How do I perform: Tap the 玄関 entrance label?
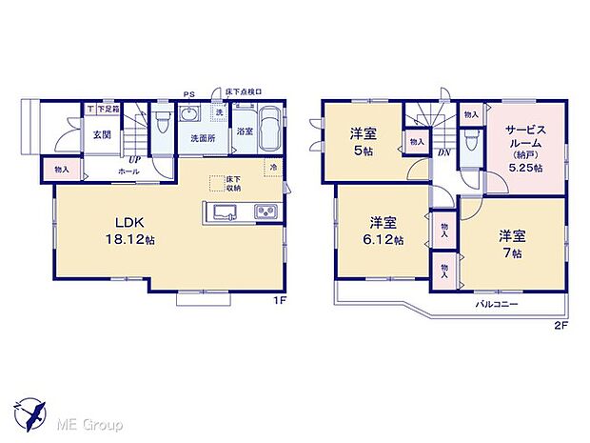102,135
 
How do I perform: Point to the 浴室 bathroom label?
245,131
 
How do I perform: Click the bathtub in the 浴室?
270,130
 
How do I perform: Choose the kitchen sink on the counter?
226,211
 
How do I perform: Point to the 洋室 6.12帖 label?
385,232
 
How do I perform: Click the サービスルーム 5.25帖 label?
525,147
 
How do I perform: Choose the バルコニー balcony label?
498,303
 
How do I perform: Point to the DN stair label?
442,152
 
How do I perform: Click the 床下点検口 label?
243,91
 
